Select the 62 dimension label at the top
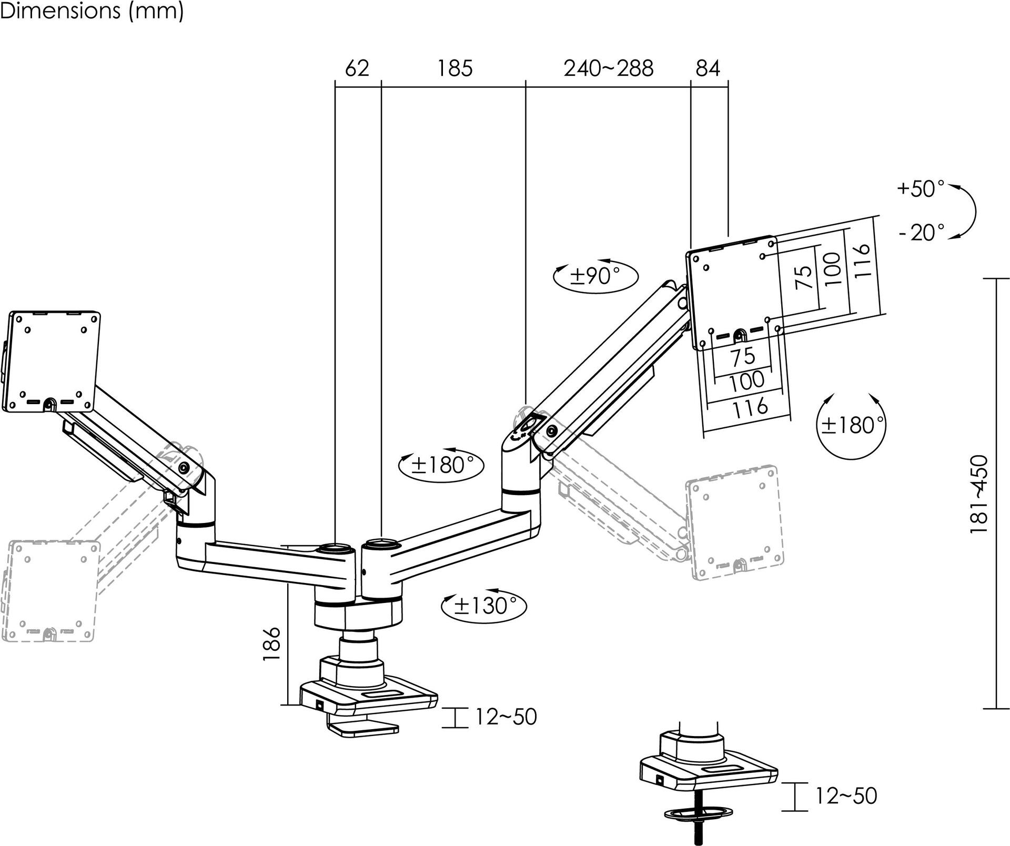point(357,68)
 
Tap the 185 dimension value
point(455,68)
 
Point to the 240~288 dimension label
point(608,68)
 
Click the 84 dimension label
point(708,68)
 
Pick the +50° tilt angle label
point(921,189)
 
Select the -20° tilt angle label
point(921,232)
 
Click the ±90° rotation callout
point(596,275)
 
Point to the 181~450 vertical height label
point(979,495)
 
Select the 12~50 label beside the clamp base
point(506,717)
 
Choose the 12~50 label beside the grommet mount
point(846,796)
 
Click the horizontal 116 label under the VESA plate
point(750,407)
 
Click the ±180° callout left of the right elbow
point(441,465)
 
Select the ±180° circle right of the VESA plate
point(851,425)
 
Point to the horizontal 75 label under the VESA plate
point(743,357)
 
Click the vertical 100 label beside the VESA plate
point(833,269)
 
